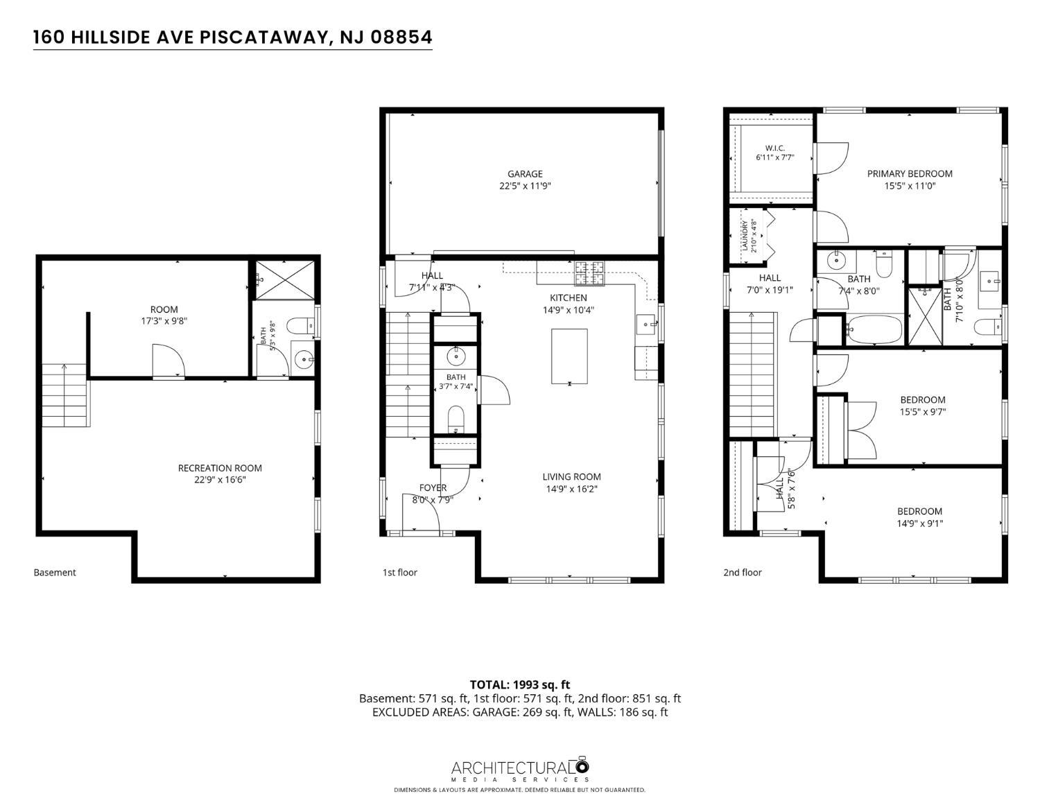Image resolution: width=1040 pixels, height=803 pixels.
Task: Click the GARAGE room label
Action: tap(525, 174)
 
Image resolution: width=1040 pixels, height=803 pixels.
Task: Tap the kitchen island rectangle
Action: tap(569, 356)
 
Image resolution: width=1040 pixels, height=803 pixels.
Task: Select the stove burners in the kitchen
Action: tap(589, 273)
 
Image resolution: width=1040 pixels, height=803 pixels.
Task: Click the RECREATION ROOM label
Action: tap(220, 468)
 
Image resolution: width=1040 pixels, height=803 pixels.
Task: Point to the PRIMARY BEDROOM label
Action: tap(910, 174)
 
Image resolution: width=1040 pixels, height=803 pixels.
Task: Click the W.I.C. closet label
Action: tap(775, 148)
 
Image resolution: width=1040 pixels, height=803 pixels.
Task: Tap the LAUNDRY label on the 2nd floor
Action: tap(745, 236)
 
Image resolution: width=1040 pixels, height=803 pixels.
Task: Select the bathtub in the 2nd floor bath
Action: tap(874, 329)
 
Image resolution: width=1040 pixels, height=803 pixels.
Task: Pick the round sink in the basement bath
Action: tap(304, 359)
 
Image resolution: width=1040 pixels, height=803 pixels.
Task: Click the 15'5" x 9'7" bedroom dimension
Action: tap(922, 411)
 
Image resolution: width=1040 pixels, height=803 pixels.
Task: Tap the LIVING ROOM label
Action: tap(571, 476)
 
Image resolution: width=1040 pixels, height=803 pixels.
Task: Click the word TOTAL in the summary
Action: tap(488, 685)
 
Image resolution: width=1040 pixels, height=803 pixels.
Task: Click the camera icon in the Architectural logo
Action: tap(582, 766)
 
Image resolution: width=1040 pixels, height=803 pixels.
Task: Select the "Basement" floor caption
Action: tap(55, 572)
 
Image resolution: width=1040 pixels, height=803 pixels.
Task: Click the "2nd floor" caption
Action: tap(743, 572)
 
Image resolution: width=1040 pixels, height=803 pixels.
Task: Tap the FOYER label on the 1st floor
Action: tap(433, 487)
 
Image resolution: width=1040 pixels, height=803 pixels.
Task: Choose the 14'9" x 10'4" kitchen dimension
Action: tap(568, 310)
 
